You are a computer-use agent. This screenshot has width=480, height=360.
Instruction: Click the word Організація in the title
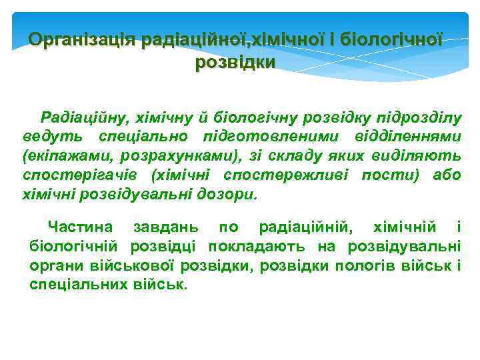click(83, 40)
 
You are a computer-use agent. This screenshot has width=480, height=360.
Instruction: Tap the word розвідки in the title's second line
click(235, 63)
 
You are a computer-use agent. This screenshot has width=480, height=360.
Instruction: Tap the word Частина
click(80, 228)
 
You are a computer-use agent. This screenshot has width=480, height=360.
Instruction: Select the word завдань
click(164, 228)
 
